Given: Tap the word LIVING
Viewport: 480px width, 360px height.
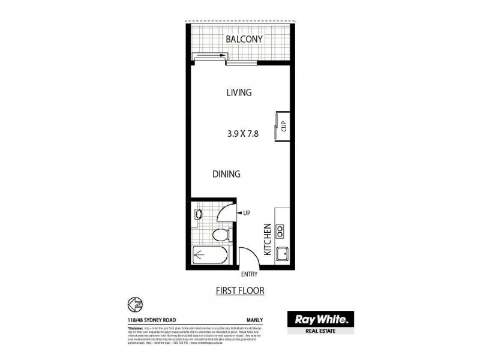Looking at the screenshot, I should tap(239, 92).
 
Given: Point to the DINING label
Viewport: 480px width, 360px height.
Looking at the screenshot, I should tap(226, 174).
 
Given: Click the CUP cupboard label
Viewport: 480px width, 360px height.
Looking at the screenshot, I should tap(284, 127).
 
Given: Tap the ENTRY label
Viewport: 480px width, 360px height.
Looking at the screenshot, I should tap(249, 274).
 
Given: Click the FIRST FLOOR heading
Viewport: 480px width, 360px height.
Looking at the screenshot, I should tap(240, 291).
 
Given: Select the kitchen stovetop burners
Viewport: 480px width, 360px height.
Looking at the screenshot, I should tap(283, 229).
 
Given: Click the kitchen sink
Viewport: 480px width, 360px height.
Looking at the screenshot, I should tap(283, 256).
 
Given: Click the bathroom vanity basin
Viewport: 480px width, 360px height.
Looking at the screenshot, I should tap(198, 214).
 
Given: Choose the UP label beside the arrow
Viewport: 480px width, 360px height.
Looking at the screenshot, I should tap(246, 212).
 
